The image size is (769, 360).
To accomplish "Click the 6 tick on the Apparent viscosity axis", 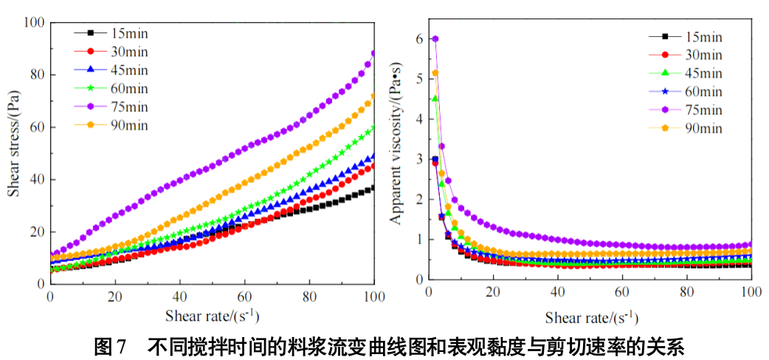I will pos(420,38).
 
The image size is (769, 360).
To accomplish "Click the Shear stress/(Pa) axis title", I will pos(14,143).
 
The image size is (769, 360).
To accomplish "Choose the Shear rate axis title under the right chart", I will pos(591,318).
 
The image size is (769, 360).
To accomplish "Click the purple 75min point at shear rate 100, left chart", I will pos(373,54).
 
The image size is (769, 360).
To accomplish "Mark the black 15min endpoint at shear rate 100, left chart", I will pos(373,187).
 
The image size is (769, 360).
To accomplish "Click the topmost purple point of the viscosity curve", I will pos(435,39).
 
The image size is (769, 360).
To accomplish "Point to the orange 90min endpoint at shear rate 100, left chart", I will pos(373,96).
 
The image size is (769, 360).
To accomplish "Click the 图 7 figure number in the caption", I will pos(111,345).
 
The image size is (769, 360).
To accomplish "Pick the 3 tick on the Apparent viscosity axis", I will pos(420,159).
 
